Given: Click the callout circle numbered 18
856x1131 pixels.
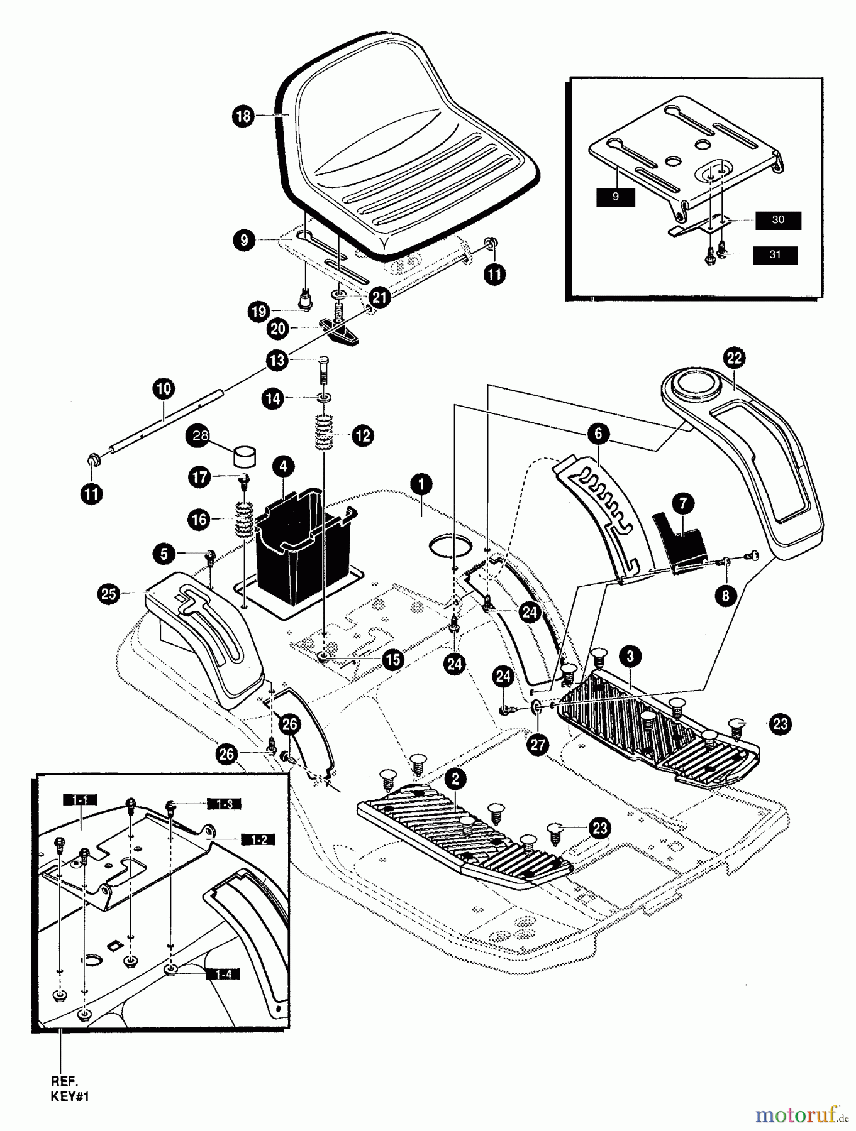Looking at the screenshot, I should [243, 116].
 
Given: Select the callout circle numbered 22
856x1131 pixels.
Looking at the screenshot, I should [734, 358].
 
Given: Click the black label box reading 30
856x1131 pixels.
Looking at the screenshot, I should [778, 220].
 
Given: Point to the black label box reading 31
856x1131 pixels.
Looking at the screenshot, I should [774, 254].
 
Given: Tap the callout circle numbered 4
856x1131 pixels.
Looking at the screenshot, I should [283, 466].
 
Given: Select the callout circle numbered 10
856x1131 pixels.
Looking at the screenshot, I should [163, 388].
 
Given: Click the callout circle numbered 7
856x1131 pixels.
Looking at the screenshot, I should [684, 502].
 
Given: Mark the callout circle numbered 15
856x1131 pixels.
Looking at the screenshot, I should [393, 659].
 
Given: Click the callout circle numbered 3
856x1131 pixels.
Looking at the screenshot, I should [630, 656].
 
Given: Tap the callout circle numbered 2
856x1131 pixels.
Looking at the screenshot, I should [455, 779].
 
